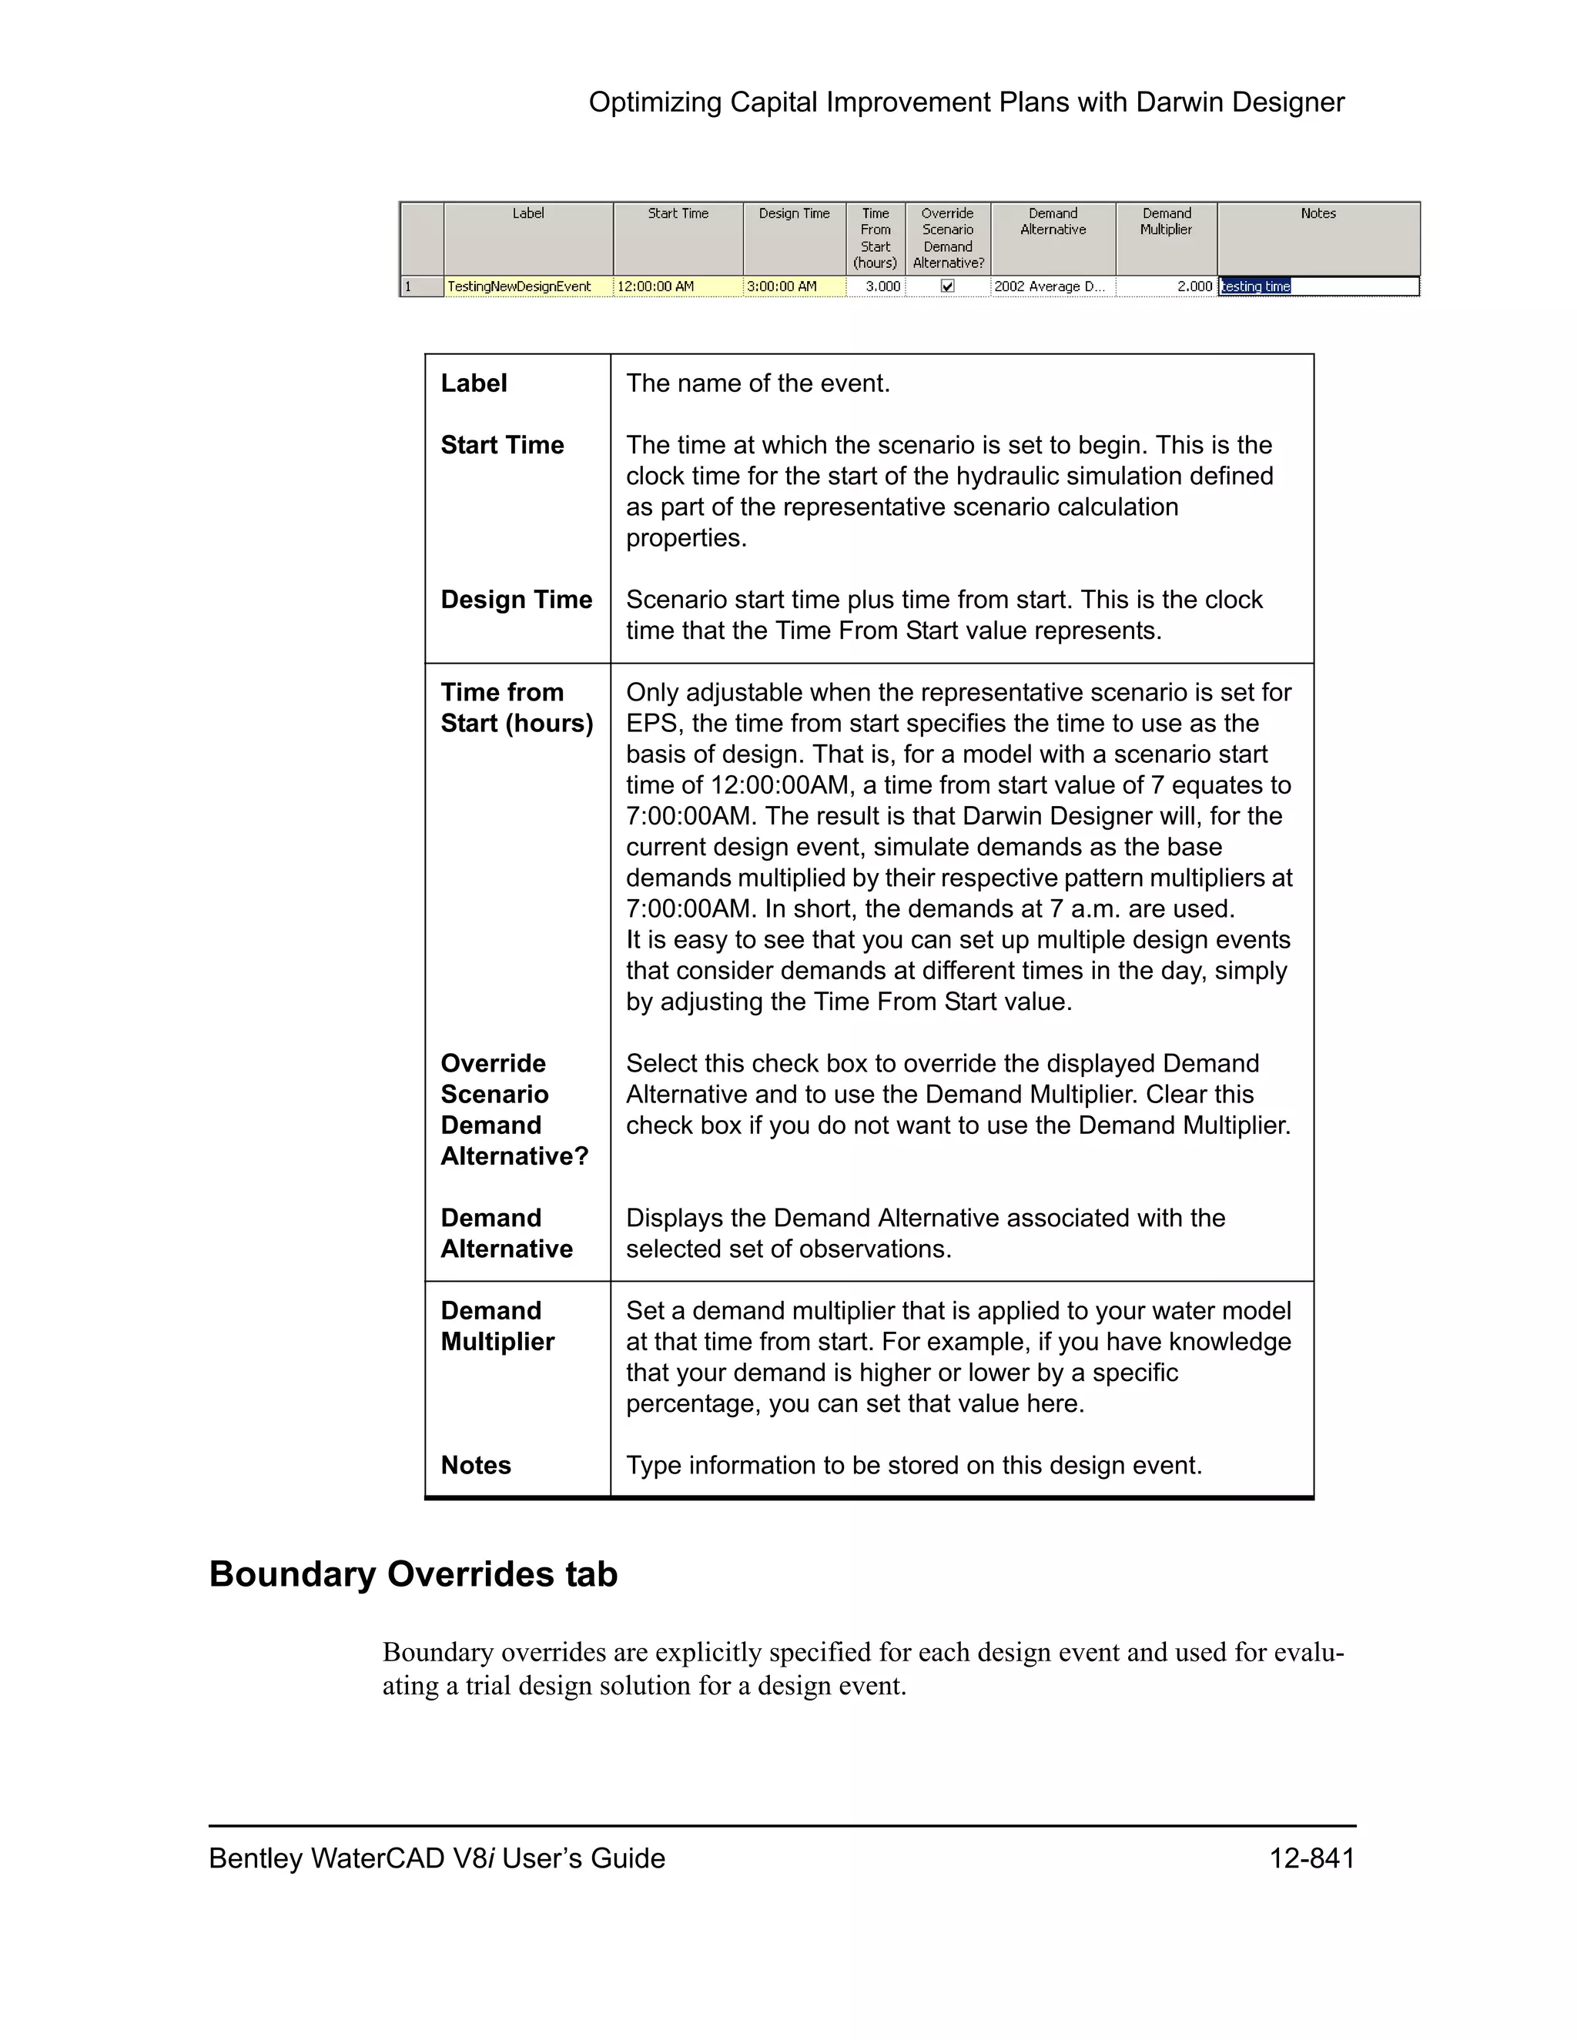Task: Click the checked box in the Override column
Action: (947, 287)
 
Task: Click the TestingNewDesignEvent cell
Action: (520, 287)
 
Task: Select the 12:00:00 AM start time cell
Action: (656, 287)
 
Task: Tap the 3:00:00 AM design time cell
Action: (782, 287)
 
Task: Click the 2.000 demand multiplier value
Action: (1195, 287)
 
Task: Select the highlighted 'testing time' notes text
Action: (1256, 287)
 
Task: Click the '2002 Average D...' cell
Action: (1050, 287)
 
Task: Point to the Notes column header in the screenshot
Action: (1318, 214)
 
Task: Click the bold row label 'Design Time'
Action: (517, 600)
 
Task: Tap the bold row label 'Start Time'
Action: (503, 445)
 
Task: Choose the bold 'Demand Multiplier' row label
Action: (497, 1326)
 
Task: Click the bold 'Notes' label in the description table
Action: (476, 1465)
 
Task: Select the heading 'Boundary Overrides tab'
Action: (413, 1574)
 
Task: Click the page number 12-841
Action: (1311, 1859)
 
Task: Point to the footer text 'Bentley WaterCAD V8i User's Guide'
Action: (437, 1859)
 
